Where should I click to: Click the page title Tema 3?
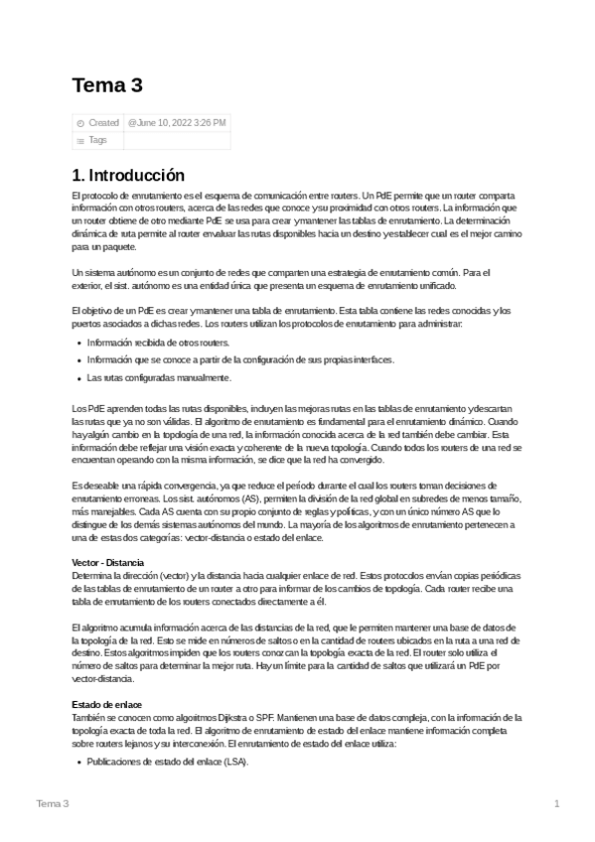click(107, 85)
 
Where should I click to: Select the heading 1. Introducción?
click(129, 175)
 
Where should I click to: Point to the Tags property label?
click(97, 140)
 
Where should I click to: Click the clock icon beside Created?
click(80, 123)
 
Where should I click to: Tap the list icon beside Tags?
click(80, 141)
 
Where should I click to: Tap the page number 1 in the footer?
click(557, 803)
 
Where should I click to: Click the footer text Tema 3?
click(53, 803)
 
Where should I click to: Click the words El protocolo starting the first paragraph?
click(94, 197)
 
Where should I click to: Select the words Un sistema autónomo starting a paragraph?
click(110, 272)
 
